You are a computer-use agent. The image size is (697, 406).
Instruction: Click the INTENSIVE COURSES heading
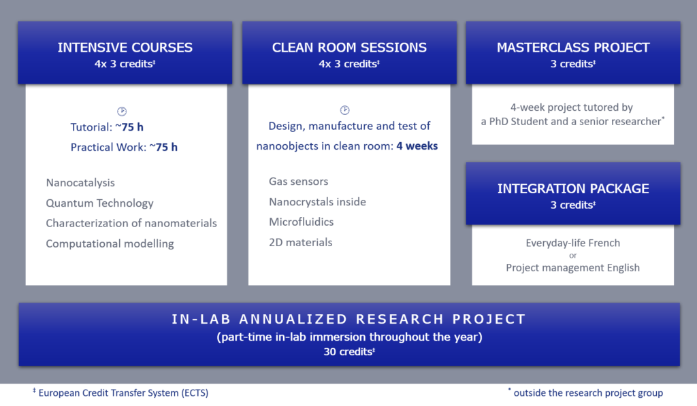(125, 48)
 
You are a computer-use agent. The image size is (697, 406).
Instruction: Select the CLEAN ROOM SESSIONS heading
(349, 48)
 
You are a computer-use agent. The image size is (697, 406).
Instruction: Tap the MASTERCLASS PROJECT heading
(573, 48)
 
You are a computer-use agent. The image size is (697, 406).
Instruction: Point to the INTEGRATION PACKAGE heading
(573, 189)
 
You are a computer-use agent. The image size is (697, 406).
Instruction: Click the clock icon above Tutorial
(122, 111)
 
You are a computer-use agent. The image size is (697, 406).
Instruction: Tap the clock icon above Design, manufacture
(345, 109)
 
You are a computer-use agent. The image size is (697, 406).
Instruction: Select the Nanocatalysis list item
(80, 182)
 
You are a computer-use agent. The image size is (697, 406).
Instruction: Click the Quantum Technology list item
(99, 203)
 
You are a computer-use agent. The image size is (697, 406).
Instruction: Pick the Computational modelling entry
(110, 243)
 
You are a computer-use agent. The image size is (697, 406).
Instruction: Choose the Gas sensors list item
(299, 181)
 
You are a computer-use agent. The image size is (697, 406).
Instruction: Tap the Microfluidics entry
(302, 222)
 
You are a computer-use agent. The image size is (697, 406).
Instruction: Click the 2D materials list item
(300, 242)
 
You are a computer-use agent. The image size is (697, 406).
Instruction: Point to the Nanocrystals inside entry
(317, 202)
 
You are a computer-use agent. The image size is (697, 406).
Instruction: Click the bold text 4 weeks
(417, 146)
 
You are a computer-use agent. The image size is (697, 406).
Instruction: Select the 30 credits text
(349, 352)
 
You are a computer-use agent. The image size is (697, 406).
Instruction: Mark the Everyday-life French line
(573, 243)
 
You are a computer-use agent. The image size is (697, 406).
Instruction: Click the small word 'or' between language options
(573, 256)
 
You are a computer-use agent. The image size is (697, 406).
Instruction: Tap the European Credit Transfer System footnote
(120, 392)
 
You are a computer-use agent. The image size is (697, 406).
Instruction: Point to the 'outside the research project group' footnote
(585, 392)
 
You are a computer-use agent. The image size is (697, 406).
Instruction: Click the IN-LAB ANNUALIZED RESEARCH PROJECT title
(349, 319)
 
